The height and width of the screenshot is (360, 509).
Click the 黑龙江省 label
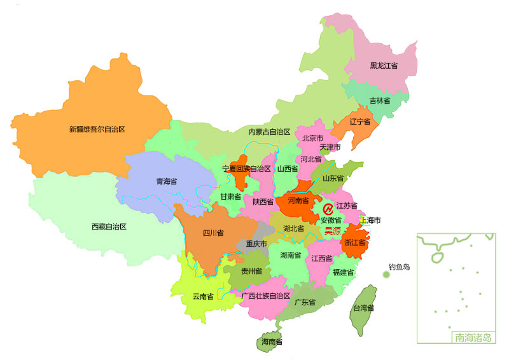pos(384,66)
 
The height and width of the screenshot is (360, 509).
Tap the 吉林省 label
pos(380,100)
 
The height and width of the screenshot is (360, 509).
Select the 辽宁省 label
pos(359,121)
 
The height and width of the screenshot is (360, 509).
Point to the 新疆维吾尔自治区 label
pos(97,129)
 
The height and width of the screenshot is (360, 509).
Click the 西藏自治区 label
pos(109,226)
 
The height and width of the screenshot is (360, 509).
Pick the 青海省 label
pos(166,181)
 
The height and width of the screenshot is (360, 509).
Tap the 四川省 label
pos(213,233)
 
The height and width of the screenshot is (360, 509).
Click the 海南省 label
pos(272,342)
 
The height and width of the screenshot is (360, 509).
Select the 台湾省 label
pos(363,308)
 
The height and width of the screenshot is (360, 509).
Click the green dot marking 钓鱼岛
pos(386,275)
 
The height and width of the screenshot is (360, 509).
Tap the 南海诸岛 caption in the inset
pos(471,338)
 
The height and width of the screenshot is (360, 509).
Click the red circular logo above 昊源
pos(328,209)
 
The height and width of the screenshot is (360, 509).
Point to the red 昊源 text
pos(333,231)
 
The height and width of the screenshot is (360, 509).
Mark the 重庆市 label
pos(256,244)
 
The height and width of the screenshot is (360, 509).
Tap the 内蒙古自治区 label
pos(269,132)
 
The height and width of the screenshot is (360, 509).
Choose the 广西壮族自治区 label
pos(266,296)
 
